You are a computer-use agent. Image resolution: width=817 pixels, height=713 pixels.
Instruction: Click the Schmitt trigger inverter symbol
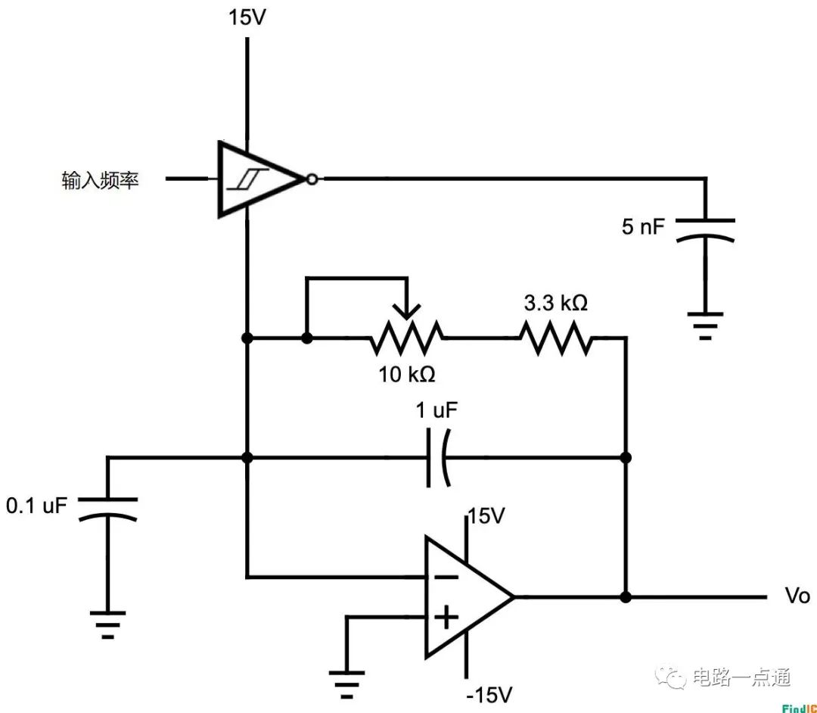coord(257,179)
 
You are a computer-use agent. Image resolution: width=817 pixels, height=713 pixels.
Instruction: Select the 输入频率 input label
coord(100,180)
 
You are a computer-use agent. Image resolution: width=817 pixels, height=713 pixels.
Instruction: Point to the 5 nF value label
coord(643,226)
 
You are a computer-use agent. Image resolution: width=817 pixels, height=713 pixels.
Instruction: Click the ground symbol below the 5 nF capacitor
coord(705,323)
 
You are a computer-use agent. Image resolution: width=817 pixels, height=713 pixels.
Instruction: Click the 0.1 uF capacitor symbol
coord(107,508)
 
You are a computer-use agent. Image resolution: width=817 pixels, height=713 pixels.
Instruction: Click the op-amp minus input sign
coord(446,578)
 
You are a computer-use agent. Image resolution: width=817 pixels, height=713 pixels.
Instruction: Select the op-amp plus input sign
coord(446,618)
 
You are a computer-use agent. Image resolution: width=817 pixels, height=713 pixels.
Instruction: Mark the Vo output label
coord(797,596)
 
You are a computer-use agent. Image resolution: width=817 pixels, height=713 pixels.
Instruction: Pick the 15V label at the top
coord(247,17)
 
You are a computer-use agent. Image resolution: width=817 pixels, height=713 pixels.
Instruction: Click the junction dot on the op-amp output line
coord(626,596)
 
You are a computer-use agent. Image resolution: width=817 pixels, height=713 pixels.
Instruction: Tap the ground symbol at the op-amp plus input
coord(346,686)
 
